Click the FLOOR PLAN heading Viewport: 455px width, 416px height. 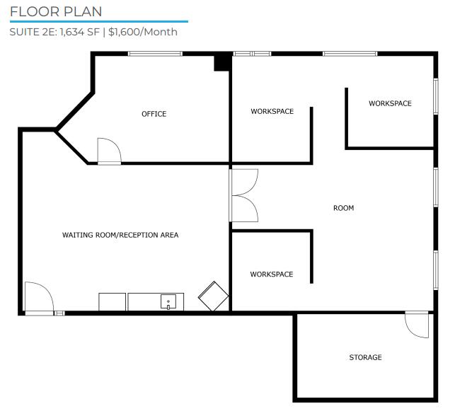point(56,11)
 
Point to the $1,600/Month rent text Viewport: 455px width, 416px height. point(143,32)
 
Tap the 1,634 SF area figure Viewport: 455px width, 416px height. point(80,32)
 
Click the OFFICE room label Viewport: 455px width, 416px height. point(154,114)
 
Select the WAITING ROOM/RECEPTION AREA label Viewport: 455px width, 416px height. point(120,235)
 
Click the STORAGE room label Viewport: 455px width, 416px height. point(365,357)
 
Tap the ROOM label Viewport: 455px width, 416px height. point(344,208)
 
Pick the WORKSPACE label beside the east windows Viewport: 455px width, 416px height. point(390,103)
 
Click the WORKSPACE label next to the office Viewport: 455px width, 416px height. point(272,111)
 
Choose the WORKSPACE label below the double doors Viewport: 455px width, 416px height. point(272,275)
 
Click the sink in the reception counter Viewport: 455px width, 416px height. point(168,301)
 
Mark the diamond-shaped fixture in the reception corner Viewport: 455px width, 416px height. point(213,296)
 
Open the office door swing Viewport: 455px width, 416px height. point(109,151)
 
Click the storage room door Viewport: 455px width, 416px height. point(417,325)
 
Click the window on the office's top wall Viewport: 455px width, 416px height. point(155,54)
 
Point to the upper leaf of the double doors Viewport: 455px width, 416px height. point(243,183)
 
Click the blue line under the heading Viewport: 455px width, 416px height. point(99,21)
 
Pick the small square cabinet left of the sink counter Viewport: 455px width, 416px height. point(113,302)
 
